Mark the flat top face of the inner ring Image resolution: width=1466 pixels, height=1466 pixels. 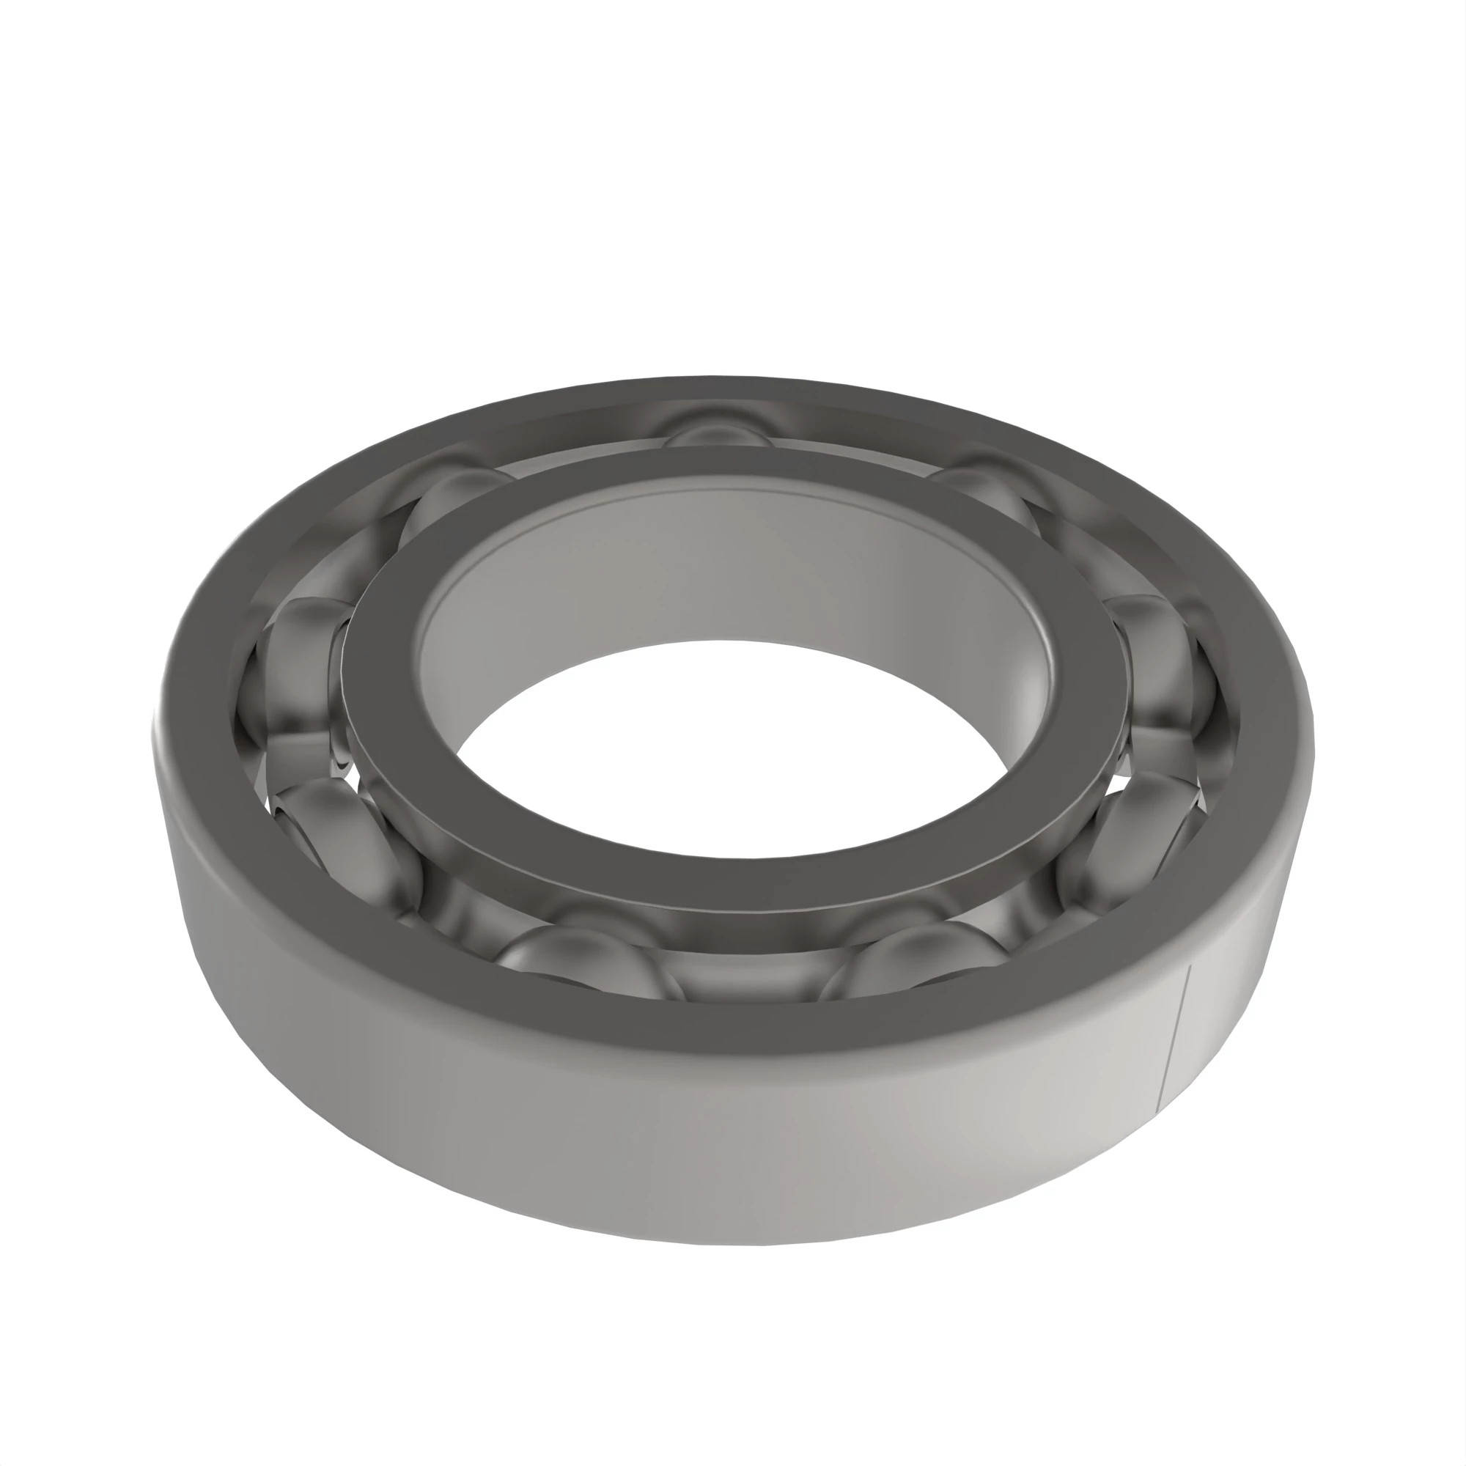click(729, 880)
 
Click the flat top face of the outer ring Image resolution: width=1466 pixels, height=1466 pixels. click(729, 1020)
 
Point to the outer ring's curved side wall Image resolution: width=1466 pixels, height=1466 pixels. click(729, 1153)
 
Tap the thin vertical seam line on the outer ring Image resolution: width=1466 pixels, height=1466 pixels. click(1174, 1039)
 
